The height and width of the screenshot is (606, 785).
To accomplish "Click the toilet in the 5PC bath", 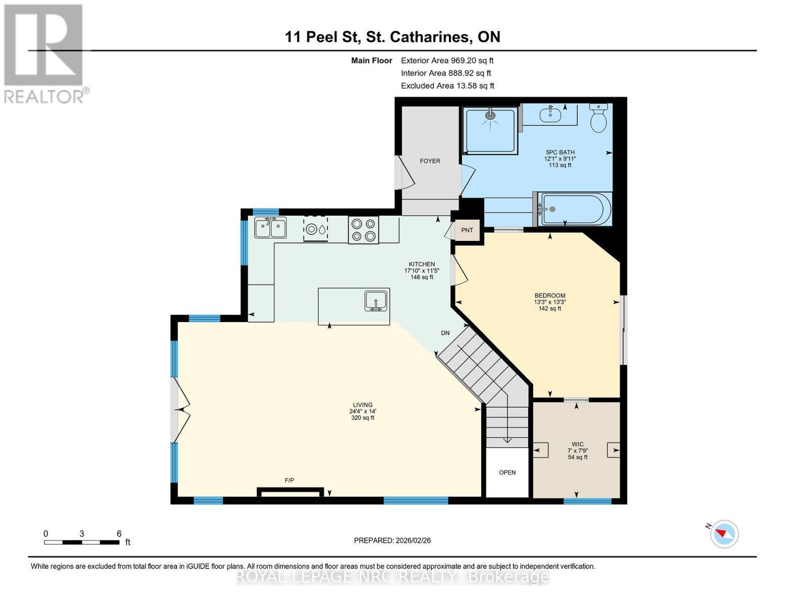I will pyautogui.click(x=598, y=119).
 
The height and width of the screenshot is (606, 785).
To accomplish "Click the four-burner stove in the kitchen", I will pyautogui.click(x=363, y=230).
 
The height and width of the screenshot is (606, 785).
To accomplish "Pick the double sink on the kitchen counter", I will pyautogui.click(x=270, y=228).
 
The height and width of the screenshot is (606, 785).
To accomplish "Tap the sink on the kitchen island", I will pyautogui.click(x=376, y=300).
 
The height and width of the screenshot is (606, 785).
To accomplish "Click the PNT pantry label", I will pyautogui.click(x=467, y=230).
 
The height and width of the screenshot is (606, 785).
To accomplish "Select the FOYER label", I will pyautogui.click(x=430, y=161).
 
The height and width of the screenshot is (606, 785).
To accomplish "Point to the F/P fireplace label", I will pyautogui.click(x=290, y=480).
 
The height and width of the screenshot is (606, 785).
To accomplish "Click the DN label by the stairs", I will pyautogui.click(x=445, y=333).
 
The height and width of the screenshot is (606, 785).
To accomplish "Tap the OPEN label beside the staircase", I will pyautogui.click(x=507, y=473).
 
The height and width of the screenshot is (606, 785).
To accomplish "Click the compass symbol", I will pyautogui.click(x=724, y=533).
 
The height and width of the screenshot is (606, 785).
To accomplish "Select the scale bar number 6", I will pyautogui.click(x=119, y=534).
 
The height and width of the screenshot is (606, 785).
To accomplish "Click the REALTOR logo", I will pyautogui.click(x=44, y=53).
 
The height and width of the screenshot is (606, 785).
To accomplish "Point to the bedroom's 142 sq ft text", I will pyautogui.click(x=550, y=309).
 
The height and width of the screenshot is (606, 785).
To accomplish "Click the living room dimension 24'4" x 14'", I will pyautogui.click(x=363, y=411).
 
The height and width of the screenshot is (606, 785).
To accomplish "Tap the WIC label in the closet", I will pyautogui.click(x=578, y=444).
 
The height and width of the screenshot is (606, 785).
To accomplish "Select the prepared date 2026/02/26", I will pyautogui.click(x=392, y=540).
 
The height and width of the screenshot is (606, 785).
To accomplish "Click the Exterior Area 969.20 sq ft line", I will pyautogui.click(x=447, y=61).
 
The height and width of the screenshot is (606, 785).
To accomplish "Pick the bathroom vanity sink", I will pyautogui.click(x=550, y=115).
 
